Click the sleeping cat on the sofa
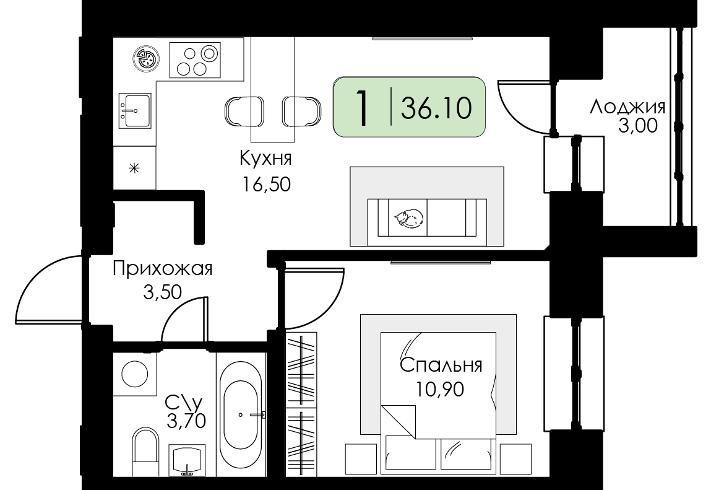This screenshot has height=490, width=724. click(x=408, y=218)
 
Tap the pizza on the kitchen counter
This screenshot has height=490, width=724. click(x=147, y=59)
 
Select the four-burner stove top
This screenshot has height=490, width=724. click(x=195, y=60)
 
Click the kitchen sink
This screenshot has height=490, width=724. click(x=135, y=110)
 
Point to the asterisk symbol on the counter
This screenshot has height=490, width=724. click(x=134, y=168)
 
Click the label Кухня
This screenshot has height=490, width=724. click(x=265, y=159)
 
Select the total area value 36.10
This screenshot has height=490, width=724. click(x=436, y=108)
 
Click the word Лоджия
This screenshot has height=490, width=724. click(x=627, y=108)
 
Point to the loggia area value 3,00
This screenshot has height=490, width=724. click(x=637, y=126)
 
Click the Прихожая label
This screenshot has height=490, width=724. click(x=163, y=269)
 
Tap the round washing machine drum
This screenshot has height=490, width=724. click(x=134, y=373)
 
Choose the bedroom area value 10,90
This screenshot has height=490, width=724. click(x=440, y=390)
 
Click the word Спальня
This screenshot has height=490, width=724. click(x=441, y=365)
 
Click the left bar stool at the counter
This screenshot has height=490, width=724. click(x=244, y=112)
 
